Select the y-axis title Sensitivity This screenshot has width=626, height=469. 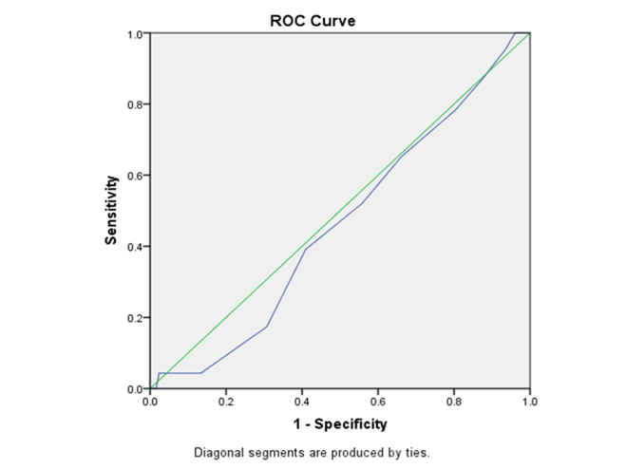111,210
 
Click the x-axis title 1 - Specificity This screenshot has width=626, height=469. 340,422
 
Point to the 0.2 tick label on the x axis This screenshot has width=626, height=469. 225,401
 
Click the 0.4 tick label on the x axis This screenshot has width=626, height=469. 302,401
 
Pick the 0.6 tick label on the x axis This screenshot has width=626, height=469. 377,401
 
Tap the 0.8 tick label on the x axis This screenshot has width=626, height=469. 453,401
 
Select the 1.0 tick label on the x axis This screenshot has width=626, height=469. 529,401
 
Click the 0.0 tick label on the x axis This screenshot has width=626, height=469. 150,401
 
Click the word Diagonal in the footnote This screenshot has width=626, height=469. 218,452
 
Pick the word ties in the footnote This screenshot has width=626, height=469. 417,452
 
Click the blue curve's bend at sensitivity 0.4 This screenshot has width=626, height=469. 305,249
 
